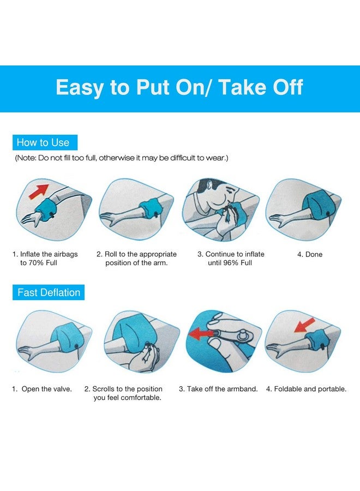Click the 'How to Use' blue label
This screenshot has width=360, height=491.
tap(45, 142)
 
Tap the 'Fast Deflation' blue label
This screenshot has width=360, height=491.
tap(49, 292)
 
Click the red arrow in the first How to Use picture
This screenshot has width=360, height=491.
tap(39, 191)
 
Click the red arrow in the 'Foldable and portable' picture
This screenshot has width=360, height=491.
tap(304, 325)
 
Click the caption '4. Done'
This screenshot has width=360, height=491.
tap(310, 254)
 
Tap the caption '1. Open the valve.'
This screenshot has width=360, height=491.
tap(42, 389)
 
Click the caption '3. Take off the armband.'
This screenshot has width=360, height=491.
tap(218, 389)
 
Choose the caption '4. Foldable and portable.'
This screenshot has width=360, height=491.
tap(306, 389)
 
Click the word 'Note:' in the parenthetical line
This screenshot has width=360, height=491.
tap(26, 158)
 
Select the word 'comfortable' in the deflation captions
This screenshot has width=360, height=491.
tap(141, 398)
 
